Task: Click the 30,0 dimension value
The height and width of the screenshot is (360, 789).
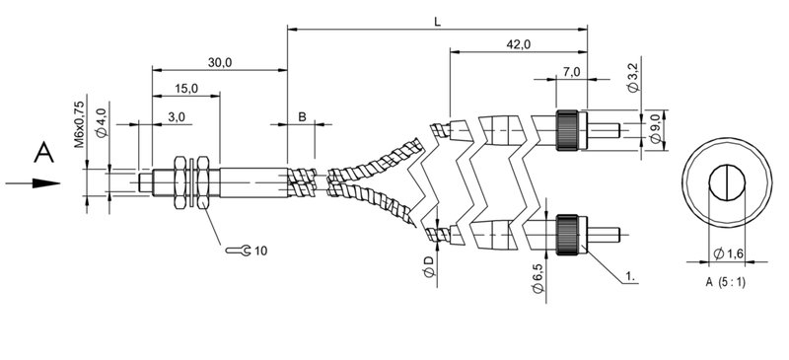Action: (x=220, y=62)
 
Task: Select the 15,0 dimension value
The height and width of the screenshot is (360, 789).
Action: (x=186, y=89)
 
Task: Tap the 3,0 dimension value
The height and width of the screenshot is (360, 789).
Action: (x=177, y=116)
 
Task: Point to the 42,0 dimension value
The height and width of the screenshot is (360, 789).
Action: (x=519, y=44)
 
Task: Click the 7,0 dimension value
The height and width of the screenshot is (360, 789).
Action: (x=572, y=72)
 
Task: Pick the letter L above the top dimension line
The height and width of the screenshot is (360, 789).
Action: (x=438, y=22)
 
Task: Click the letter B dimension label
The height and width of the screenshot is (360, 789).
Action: (x=302, y=116)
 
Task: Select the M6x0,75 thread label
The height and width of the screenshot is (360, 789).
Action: (x=80, y=124)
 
